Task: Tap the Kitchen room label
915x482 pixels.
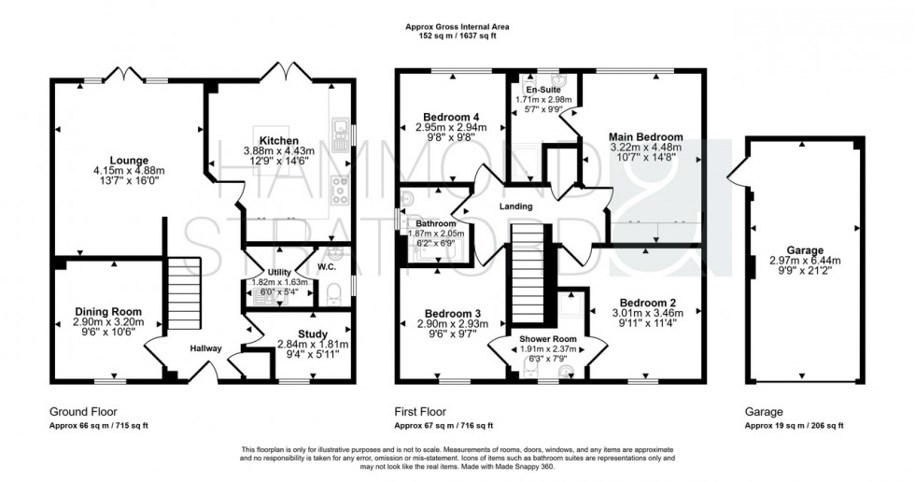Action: point(278,138)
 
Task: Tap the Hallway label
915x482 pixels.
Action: point(206,348)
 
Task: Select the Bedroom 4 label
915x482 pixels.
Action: point(444,115)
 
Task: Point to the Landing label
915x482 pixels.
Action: point(515,206)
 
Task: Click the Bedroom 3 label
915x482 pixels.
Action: point(443,312)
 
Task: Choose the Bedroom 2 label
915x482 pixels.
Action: point(643,303)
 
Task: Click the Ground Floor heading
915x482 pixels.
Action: point(79,410)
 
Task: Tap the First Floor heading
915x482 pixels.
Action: point(421,410)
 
